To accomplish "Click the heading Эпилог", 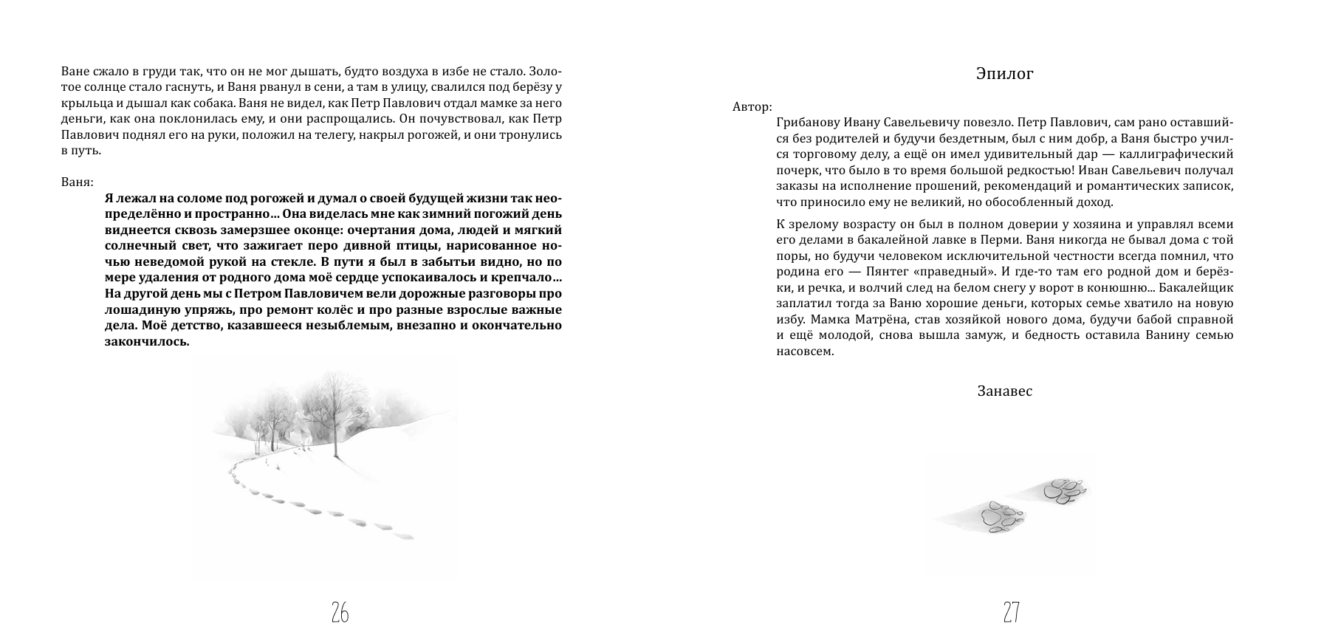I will coord(1003,74).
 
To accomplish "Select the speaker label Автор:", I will coord(752,106).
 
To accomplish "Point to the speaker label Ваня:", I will coord(78,181).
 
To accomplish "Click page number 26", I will coord(340,612).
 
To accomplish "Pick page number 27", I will coord(1011,612).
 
